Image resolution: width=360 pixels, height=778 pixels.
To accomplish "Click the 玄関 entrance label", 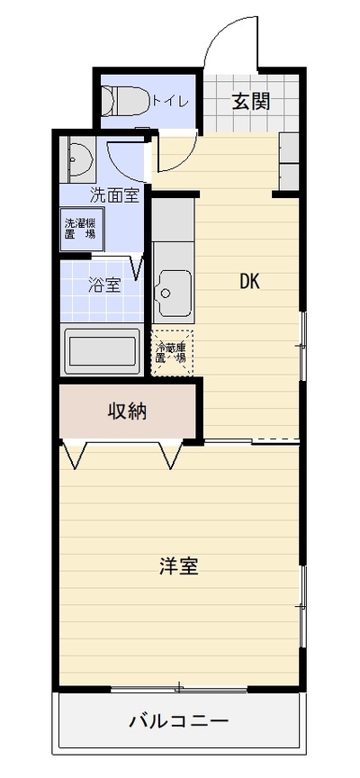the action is [x=251, y=102].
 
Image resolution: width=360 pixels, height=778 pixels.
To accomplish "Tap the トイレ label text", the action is [x=170, y=102].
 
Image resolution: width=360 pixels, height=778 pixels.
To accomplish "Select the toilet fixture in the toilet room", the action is [x=125, y=101].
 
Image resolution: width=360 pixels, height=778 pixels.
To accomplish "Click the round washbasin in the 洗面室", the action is [x=81, y=158].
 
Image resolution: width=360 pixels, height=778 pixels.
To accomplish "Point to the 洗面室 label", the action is [x=114, y=195].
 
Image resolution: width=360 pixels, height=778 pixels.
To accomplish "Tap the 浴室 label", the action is [x=104, y=285].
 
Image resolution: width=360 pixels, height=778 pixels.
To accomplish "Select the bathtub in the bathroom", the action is [x=103, y=351].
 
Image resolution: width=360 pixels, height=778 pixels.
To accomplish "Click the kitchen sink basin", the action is [x=173, y=293].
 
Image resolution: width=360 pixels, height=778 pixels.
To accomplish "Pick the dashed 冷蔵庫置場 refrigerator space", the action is [x=172, y=353].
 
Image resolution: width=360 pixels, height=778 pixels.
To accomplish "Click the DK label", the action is [x=250, y=282].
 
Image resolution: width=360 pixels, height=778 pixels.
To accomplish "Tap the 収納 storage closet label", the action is [x=128, y=411].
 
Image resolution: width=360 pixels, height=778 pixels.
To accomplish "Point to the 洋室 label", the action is [x=178, y=566].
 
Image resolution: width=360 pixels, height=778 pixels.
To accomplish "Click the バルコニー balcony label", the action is [x=179, y=720].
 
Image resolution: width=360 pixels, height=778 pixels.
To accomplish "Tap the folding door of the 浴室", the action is [x=138, y=266].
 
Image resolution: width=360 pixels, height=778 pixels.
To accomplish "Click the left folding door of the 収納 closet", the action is [x=74, y=454].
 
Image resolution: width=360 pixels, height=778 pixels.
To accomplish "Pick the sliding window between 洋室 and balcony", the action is [x=179, y=689].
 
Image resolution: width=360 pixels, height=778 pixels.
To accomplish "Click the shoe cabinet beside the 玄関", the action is [x=289, y=161].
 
